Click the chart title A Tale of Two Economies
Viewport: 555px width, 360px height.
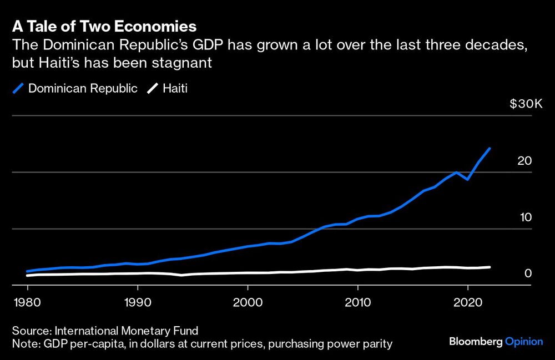pos(103,26)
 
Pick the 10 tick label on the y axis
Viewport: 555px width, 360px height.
pos(524,217)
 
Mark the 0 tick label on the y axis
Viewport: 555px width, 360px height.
pos(528,273)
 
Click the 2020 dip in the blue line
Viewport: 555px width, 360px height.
pos(468,179)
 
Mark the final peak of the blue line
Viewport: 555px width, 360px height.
pos(490,148)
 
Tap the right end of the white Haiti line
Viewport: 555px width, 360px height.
pos(490,267)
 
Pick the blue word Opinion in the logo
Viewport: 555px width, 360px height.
pos(524,342)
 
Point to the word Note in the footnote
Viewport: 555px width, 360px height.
pos(24,344)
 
